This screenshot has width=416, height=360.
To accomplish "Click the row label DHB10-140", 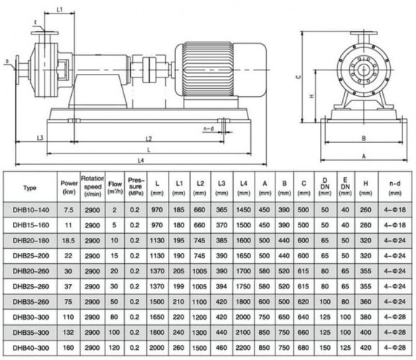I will click(29, 209).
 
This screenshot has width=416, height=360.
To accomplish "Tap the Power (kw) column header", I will click(69, 188).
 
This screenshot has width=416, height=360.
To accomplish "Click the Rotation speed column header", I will click(93, 188).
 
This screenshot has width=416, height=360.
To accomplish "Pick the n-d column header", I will click(393, 188).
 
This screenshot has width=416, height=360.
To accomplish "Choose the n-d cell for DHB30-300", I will click(393, 315).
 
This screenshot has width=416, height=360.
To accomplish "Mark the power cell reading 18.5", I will click(69, 240).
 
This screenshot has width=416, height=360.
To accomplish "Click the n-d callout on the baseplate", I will click(209, 128).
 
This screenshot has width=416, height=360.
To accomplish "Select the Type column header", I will click(29, 188).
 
